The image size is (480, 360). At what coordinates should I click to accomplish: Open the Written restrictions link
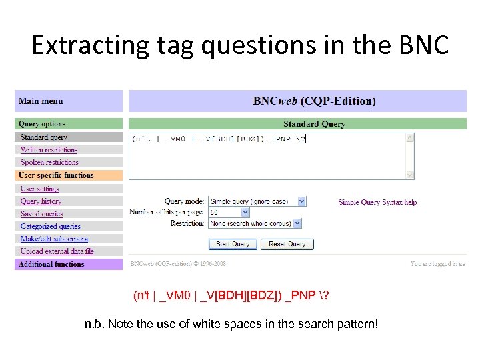tap(49, 150)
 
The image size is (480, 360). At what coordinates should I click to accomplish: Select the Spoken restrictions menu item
tap(49, 162)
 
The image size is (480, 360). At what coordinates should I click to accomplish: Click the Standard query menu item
tap(43, 137)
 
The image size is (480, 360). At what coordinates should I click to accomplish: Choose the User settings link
tap(39, 189)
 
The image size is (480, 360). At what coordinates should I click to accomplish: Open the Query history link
tap(41, 201)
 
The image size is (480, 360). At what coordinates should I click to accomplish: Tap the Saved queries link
tap(41, 214)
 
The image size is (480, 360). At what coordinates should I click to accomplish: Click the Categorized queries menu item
tap(50, 227)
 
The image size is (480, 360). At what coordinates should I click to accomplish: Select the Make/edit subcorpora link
tap(54, 239)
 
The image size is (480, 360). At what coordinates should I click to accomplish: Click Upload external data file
tap(57, 251)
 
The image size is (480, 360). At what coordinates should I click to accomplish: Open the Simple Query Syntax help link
tap(377, 202)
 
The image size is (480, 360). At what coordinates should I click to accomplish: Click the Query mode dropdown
tap(257, 201)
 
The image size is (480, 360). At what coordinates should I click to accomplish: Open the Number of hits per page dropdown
tap(229, 212)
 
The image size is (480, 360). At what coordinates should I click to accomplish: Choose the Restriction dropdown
tap(255, 224)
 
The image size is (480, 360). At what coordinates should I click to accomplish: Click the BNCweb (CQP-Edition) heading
tap(314, 101)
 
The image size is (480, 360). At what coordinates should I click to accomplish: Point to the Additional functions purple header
tap(51, 265)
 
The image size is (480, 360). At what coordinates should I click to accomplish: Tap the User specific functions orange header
tap(56, 175)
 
